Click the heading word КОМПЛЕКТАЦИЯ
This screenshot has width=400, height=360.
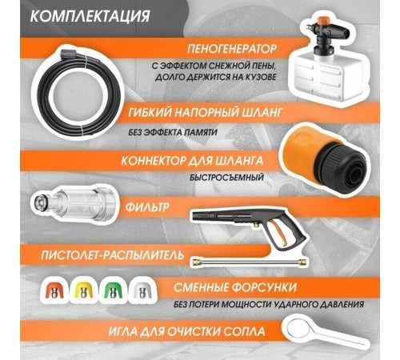click(90, 16)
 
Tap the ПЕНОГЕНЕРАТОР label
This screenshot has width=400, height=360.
click(232, 49)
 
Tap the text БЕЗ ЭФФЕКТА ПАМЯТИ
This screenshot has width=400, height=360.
click(172, 132)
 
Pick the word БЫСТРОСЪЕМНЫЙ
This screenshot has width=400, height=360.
click(226, 178)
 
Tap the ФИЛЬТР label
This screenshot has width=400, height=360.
click(147, 207)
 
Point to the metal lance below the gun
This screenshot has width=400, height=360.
click(249, 262)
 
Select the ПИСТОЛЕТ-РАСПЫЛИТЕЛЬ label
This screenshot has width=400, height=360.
click(112, 255)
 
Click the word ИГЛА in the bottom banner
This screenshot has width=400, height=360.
click(123, 331)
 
